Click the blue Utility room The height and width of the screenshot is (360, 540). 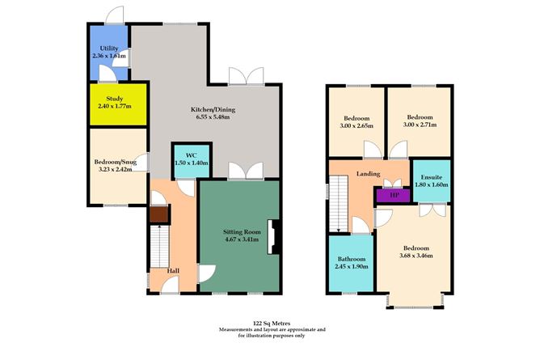[108, 53]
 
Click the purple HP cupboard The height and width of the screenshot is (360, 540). [394, 195]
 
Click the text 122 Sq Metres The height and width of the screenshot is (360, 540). [269, 322]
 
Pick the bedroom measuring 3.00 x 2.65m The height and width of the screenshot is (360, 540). [356, 121]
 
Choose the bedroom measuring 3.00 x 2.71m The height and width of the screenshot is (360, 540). [419, 121]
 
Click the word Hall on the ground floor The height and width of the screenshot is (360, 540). [173, 271]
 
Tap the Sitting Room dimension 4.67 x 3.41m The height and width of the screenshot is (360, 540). [239, 240]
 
